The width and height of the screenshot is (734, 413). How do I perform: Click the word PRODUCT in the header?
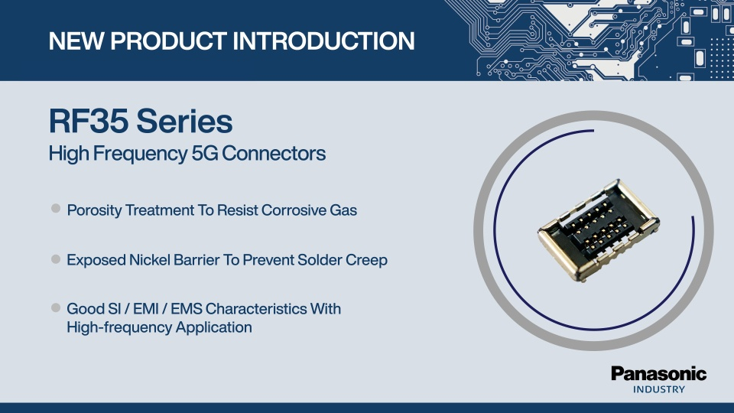[168, 41]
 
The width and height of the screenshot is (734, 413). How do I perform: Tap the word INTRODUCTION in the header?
[323, 41]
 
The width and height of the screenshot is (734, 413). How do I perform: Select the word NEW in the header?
[76, 41]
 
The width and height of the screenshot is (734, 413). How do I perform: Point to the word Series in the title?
[184, 121]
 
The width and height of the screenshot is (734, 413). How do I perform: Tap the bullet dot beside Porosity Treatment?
[56, 208]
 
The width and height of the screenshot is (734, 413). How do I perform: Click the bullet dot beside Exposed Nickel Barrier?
[56, 259]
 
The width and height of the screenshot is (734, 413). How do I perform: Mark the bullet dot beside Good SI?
[56, 307]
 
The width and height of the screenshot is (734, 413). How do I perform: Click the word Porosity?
[94, 211]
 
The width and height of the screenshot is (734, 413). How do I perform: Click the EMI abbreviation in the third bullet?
[146, 309]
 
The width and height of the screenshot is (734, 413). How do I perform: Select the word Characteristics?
[256, 309]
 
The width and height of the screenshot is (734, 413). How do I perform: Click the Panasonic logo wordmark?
[658, 374]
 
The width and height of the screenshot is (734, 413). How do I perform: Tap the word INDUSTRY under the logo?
[658, 389]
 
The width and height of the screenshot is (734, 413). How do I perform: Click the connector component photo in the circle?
[599, 230]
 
